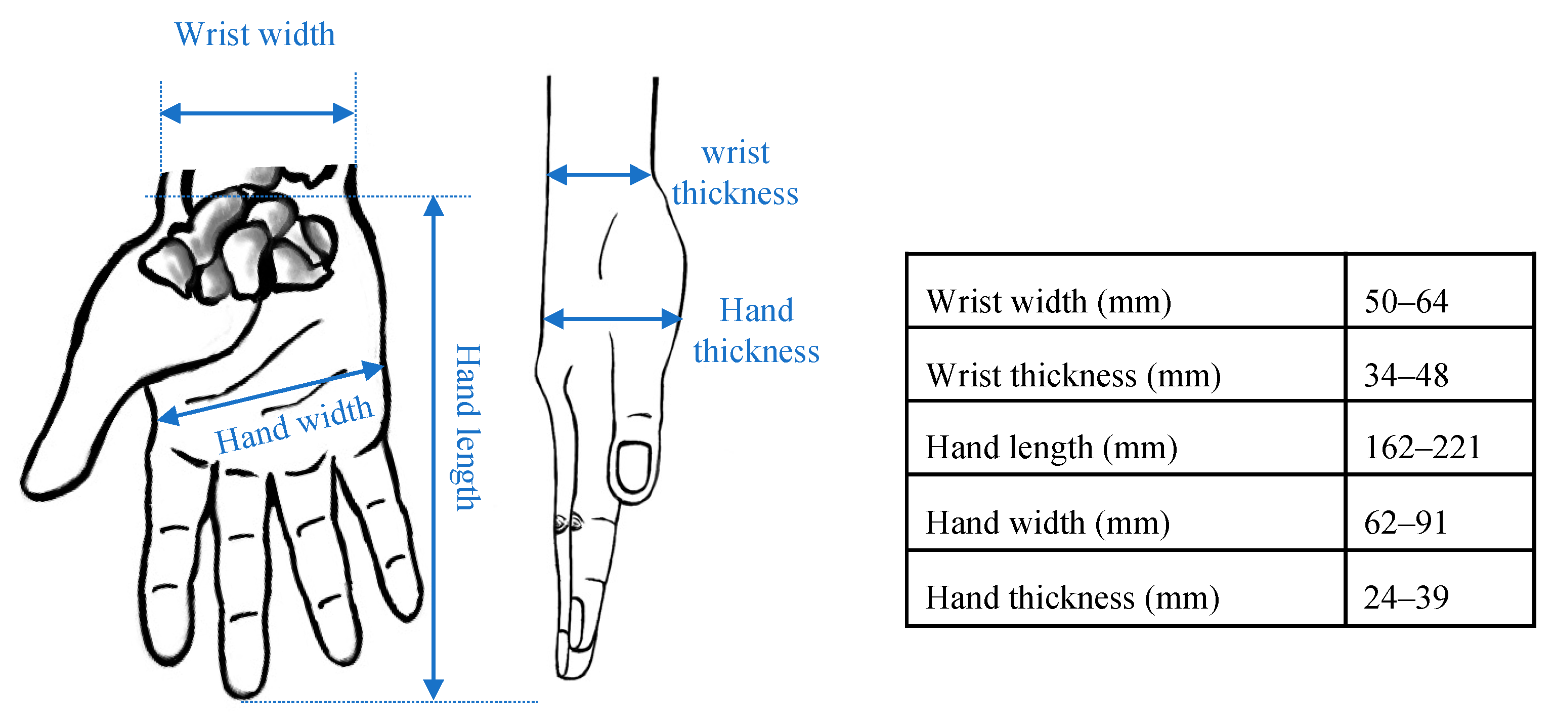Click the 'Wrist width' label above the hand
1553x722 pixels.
pyautogui.click(x=254, y=34)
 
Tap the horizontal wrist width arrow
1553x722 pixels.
pyautogui.click(x=257, y=113)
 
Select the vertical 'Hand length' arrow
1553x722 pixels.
pyautogui.click(x=434, y=447)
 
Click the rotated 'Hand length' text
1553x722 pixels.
pyautogui.click(x=468, y=427)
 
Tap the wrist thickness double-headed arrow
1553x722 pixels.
pyautogui.click(x=598, y=175)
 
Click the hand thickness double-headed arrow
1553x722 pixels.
pyautogui.click(x=612, y=318)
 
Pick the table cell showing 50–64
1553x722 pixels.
pyautogui.click(x=1405, y=301)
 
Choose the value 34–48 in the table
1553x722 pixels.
pyautogui.click(x=1405, y=375)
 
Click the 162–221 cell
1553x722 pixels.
pyautogui.click(x=1421, y=448)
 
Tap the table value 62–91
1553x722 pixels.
pyautogui.click(x=1405, y=523)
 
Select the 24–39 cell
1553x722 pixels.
pyautogui.click(x=1405, y=597)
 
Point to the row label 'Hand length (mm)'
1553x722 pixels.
pyautogui.click(x=1051, y=448)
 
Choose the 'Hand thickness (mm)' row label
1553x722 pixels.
pyautogui.click(x=1072, y=597)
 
